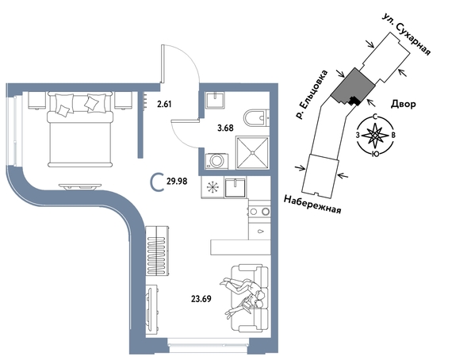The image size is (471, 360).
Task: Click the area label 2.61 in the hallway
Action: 164,105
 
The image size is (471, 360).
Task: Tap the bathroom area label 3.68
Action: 225,128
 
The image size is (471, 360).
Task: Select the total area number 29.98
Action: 177,182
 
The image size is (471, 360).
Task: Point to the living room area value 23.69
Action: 201,299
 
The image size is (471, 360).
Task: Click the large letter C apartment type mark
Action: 156,182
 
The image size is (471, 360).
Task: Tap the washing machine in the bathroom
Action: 216,161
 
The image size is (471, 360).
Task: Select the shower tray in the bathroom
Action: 252,153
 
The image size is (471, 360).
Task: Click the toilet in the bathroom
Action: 256,118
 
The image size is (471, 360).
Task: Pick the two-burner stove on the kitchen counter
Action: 259,212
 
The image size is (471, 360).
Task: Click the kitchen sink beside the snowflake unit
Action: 235,188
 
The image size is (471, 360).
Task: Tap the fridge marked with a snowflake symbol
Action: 213,187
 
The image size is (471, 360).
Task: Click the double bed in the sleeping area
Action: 80,129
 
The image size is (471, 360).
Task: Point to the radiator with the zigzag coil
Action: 158,251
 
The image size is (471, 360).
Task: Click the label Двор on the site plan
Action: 404,105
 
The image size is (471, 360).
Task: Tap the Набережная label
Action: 312,205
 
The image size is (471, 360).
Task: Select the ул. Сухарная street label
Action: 407,34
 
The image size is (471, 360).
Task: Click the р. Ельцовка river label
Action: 311,95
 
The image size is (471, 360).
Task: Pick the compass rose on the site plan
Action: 375,136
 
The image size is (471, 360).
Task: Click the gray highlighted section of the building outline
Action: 352,86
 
